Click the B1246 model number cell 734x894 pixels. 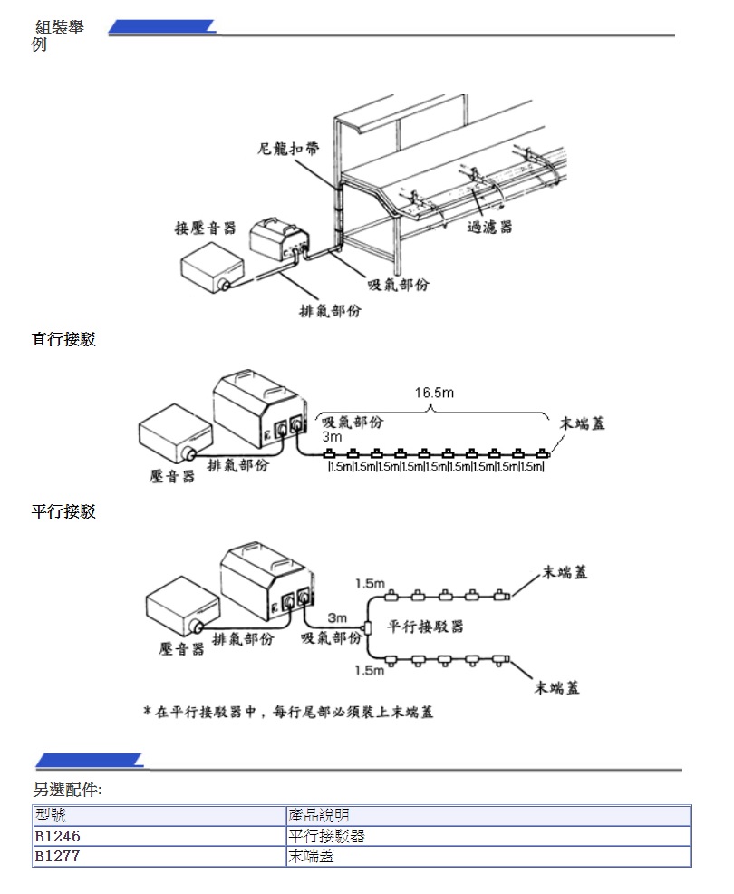click(x=63, y=836)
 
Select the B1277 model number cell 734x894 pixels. click(x=63, y=855)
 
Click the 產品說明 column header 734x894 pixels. click(x=318, y=816)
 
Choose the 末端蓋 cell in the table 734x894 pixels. click(x=311, y=855)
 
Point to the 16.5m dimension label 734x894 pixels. click(x=434, y=393)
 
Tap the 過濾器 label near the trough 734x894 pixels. click(x=489, y=226)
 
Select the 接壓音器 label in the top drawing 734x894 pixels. click(x=205, y=227)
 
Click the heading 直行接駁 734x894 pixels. click(x=63, y=340)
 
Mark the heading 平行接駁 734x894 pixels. click(x=63, y=512)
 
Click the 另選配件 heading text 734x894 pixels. click(x=68, y=791)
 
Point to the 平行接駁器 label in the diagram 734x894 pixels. click(x=425, y=627)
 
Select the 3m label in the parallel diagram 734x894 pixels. click(x=337, y=617)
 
